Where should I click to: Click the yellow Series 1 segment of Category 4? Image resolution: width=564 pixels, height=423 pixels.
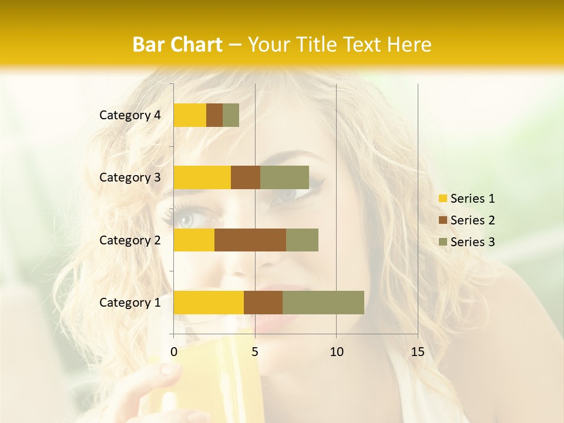coord(190,115)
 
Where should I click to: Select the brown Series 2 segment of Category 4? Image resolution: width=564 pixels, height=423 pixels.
coord(214,115)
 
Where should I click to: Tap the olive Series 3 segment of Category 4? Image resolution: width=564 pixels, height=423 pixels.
coord(231,115)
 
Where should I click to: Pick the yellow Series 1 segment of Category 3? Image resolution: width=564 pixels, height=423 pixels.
coord(202,177)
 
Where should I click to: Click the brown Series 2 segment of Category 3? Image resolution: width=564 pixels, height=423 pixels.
coord(246,177)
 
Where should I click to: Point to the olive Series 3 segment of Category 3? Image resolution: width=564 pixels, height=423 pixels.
coord(284,177)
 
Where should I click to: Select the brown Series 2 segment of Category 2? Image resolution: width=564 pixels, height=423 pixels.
coord(250,240)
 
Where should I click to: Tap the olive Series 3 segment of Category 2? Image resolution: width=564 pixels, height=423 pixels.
coord(302,240)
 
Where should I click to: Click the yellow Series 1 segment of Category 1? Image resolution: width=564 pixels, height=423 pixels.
coord(209,302)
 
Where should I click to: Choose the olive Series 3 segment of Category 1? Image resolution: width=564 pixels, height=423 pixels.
coord(323,302)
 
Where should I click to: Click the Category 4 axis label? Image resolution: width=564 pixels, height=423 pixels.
coord(130,115)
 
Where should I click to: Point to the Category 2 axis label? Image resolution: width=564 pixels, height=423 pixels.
coord(130,240)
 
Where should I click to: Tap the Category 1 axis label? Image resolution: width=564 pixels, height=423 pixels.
coord(130,303)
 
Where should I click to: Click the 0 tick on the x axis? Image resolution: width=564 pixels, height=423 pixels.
coord(174,352)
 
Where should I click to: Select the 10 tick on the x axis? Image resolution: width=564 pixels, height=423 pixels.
coord(336,352)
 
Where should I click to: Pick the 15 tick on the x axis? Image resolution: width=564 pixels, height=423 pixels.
coord(418,352)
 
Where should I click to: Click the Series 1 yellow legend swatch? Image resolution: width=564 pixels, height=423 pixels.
coord(443,199)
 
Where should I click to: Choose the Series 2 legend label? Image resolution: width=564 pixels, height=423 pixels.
coord(472,220)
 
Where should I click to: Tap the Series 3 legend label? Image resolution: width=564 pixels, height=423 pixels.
coord(472,242)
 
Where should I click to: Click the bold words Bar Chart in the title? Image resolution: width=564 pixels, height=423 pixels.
coord(177,45)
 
